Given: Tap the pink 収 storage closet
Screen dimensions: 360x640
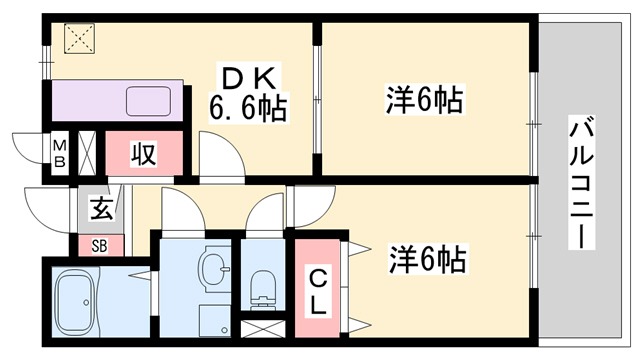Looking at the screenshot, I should [x=144, y=154].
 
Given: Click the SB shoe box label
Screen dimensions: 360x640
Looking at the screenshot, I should [x=100, y=245].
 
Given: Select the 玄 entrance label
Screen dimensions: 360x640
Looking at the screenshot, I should [x=102, y=210].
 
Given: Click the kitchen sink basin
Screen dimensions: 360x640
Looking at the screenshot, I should [x=150, y=101].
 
